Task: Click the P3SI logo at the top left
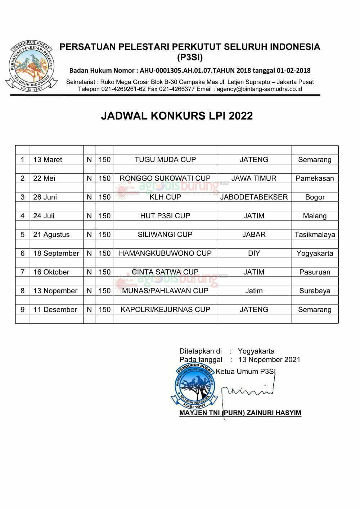click(31, 66)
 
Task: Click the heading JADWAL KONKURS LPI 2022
click(177, 116)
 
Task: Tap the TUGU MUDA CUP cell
click(165, 159)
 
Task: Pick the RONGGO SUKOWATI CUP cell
click(165, 178)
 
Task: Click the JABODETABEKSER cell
click(254, 197)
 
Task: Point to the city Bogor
click(315, 197)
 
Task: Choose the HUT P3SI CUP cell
click(165, 216)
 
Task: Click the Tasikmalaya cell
click(315, 235)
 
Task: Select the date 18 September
click(56, 253)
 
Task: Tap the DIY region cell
click(254, 253)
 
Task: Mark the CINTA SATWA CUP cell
click(165, 272)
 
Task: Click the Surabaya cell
click(315, 291)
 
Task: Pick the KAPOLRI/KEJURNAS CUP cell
click(165, 309)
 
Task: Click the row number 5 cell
click(23, 235)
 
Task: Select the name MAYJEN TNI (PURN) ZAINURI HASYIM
click(240, 413)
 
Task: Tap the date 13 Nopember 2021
click(269, 359)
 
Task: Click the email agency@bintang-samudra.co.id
click(259, 89)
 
